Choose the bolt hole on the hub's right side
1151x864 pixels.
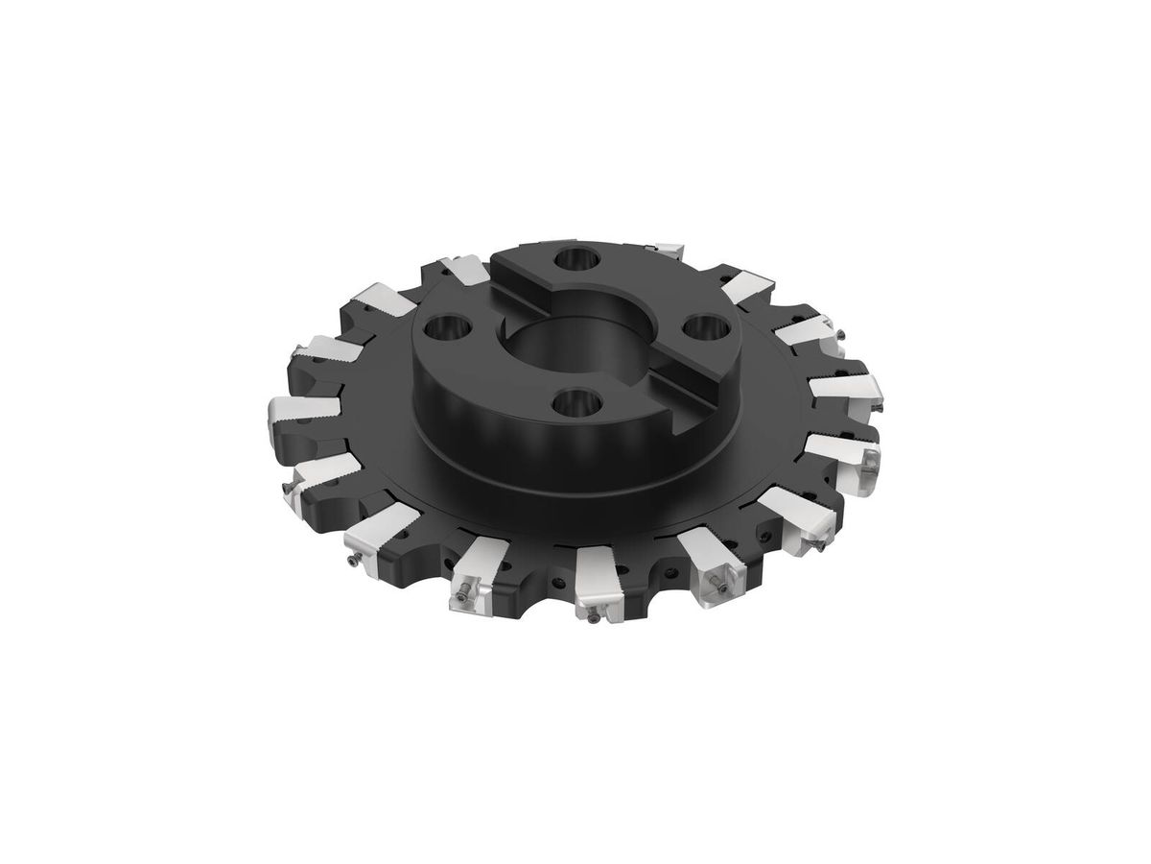click(x=705, y=327)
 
